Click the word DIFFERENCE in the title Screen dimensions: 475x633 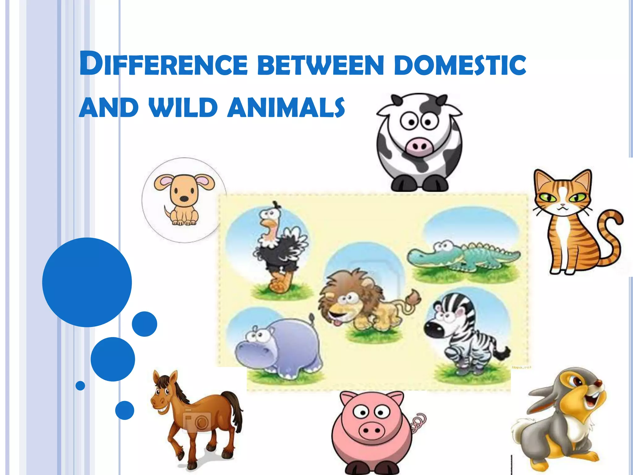coord(164,65)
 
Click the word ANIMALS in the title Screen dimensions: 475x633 coord(286,107)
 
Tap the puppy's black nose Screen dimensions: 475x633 coord(184,199)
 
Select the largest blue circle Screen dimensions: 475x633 coord(87,282)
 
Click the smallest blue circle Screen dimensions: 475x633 coord(80,386)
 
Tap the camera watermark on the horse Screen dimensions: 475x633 coord(198,421)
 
